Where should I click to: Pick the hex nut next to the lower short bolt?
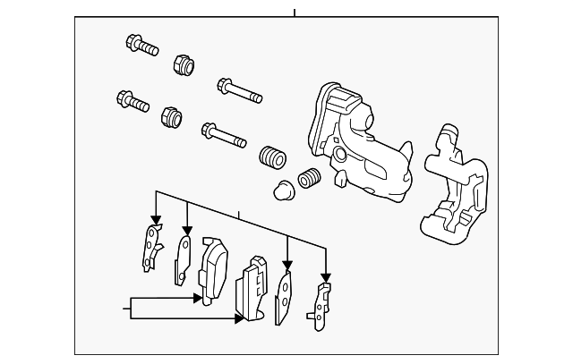pyautogui.click(x=170, y=116)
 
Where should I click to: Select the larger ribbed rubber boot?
pyautogui.click(x=270, y=158)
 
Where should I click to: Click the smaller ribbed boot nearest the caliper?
pyautogui.click(x=309, y=178)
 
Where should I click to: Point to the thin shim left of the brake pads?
pyautogui.click(x=183, y=258)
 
